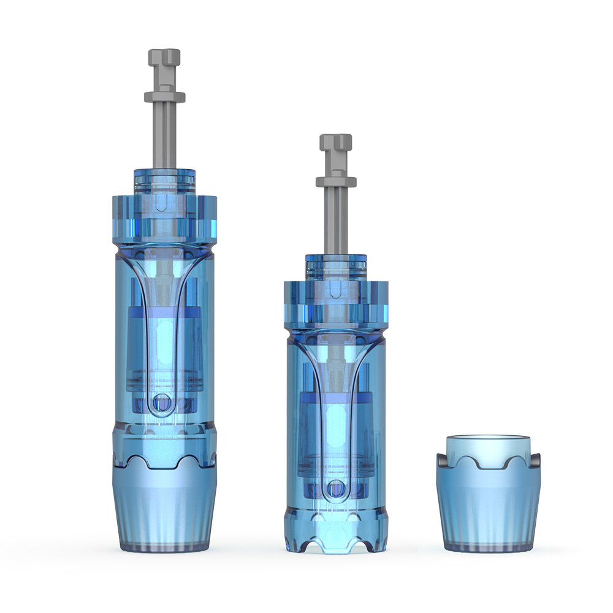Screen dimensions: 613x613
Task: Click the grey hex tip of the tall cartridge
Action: tap(164, 60)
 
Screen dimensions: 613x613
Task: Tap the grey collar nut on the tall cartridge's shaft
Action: tap(164, 96)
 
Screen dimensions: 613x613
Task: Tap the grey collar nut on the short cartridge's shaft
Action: tap(336, 181)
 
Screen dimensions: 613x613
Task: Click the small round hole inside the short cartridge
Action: tap(335, 489)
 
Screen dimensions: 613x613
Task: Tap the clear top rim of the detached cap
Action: tap(488, 443)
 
